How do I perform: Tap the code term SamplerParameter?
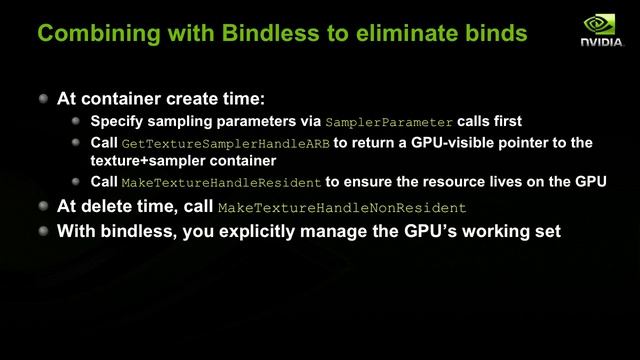[389, 122]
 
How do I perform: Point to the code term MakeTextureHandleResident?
[221, 184]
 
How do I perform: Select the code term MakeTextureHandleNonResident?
[342, 208]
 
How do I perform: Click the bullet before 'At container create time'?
[43, 100]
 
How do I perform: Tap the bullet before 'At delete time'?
[43, 207]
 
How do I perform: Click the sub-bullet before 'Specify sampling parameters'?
[78, 121]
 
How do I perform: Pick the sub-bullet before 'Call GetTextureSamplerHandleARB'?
[78, 143]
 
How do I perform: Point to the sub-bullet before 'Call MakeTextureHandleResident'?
[78, 183]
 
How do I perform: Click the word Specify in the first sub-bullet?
[118, 121]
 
